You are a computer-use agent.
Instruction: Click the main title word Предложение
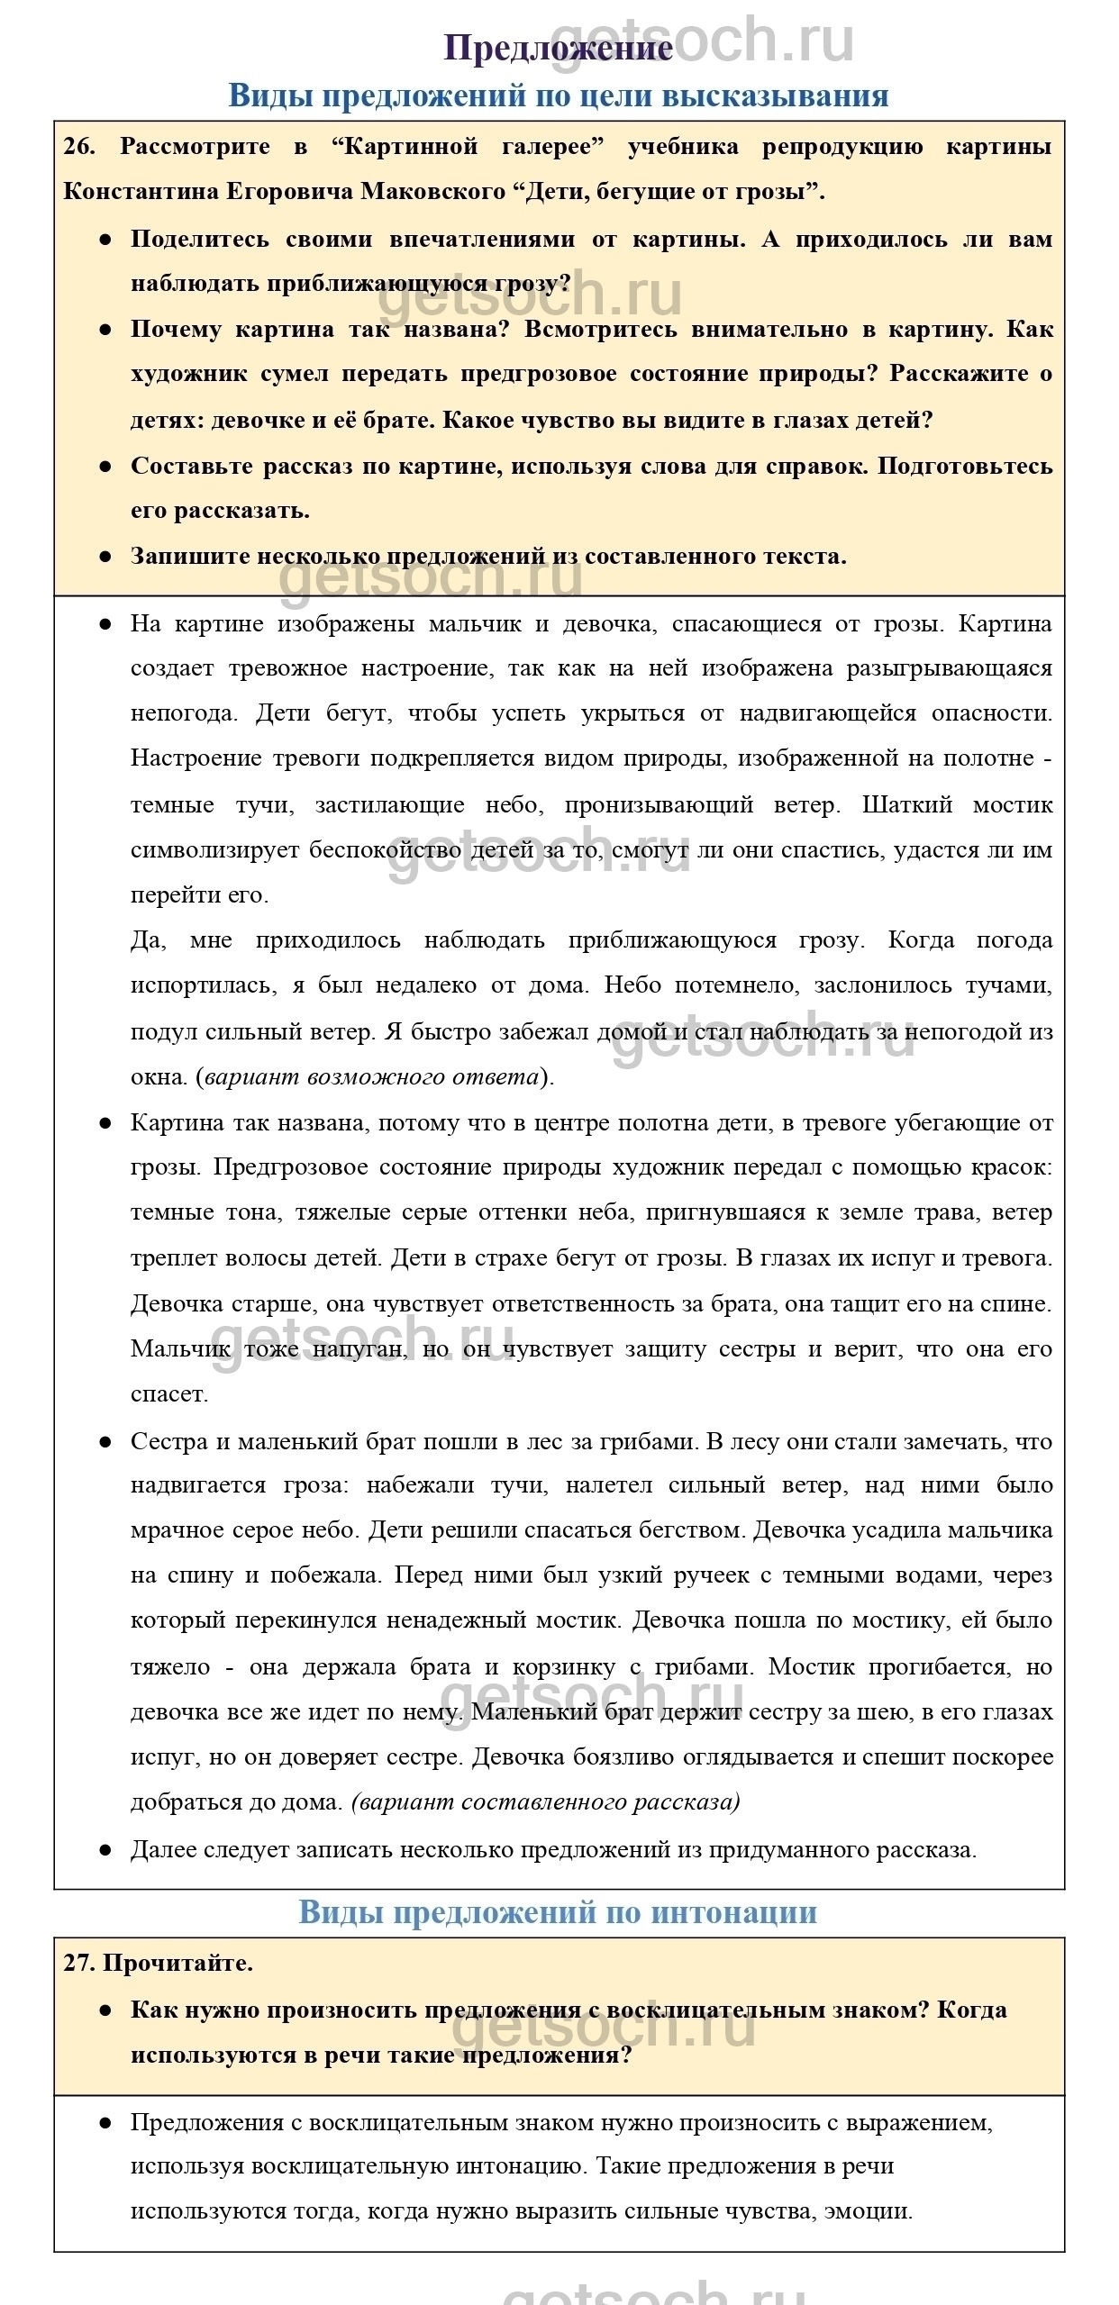tap(559, 49)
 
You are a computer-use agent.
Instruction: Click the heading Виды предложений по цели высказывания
tap(559, 95)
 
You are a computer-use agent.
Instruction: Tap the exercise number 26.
tap(78, 147)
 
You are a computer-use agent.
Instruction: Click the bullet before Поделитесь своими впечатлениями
tap(105, 240)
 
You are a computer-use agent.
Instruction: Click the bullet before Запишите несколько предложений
tap(105, 557)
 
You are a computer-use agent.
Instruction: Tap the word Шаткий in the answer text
tap(906, 804)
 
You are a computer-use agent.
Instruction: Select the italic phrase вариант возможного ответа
tap(371, 1077)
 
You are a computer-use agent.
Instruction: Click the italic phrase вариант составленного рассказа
tap(545, 1801)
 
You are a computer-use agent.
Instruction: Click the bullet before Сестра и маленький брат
tap(105, 1442)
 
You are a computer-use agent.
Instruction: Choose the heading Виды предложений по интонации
tap(559, 1912)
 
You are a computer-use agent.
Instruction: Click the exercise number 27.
tap(78, 1963)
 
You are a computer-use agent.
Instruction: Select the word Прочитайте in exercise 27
tap(177, 1963)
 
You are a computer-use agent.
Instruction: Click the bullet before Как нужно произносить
tap(105, 2010)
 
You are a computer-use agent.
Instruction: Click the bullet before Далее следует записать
tap(105, 1850)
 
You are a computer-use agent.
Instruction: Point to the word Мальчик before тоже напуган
tap(180, 1348)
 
